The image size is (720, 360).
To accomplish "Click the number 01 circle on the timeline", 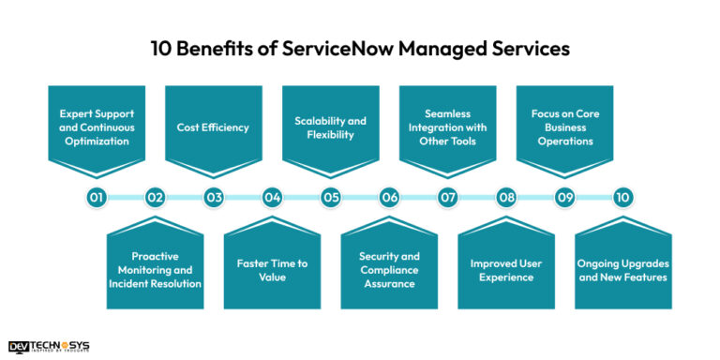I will click(x=97, y=198).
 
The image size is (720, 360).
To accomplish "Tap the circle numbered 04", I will click(x=272, y=198).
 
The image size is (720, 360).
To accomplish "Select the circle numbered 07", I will click(x=448, y=198).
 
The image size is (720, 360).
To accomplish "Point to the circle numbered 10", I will click(x=623, y=198).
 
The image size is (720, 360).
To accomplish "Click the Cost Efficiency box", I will click(x=214, y=127).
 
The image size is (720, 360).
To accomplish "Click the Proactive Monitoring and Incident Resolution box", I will click(x=155, y=268).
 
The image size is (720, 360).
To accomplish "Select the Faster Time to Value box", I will click(x=272, y=268).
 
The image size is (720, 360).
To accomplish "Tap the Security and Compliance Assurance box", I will click(x=389, y=268).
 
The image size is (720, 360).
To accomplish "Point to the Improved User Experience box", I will click(x=506, y=268).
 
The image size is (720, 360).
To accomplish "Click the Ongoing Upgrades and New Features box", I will click(x=623, y=268).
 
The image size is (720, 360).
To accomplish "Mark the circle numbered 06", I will click(x=389, y=198).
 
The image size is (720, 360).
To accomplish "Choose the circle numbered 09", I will click(x=564, y=198).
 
